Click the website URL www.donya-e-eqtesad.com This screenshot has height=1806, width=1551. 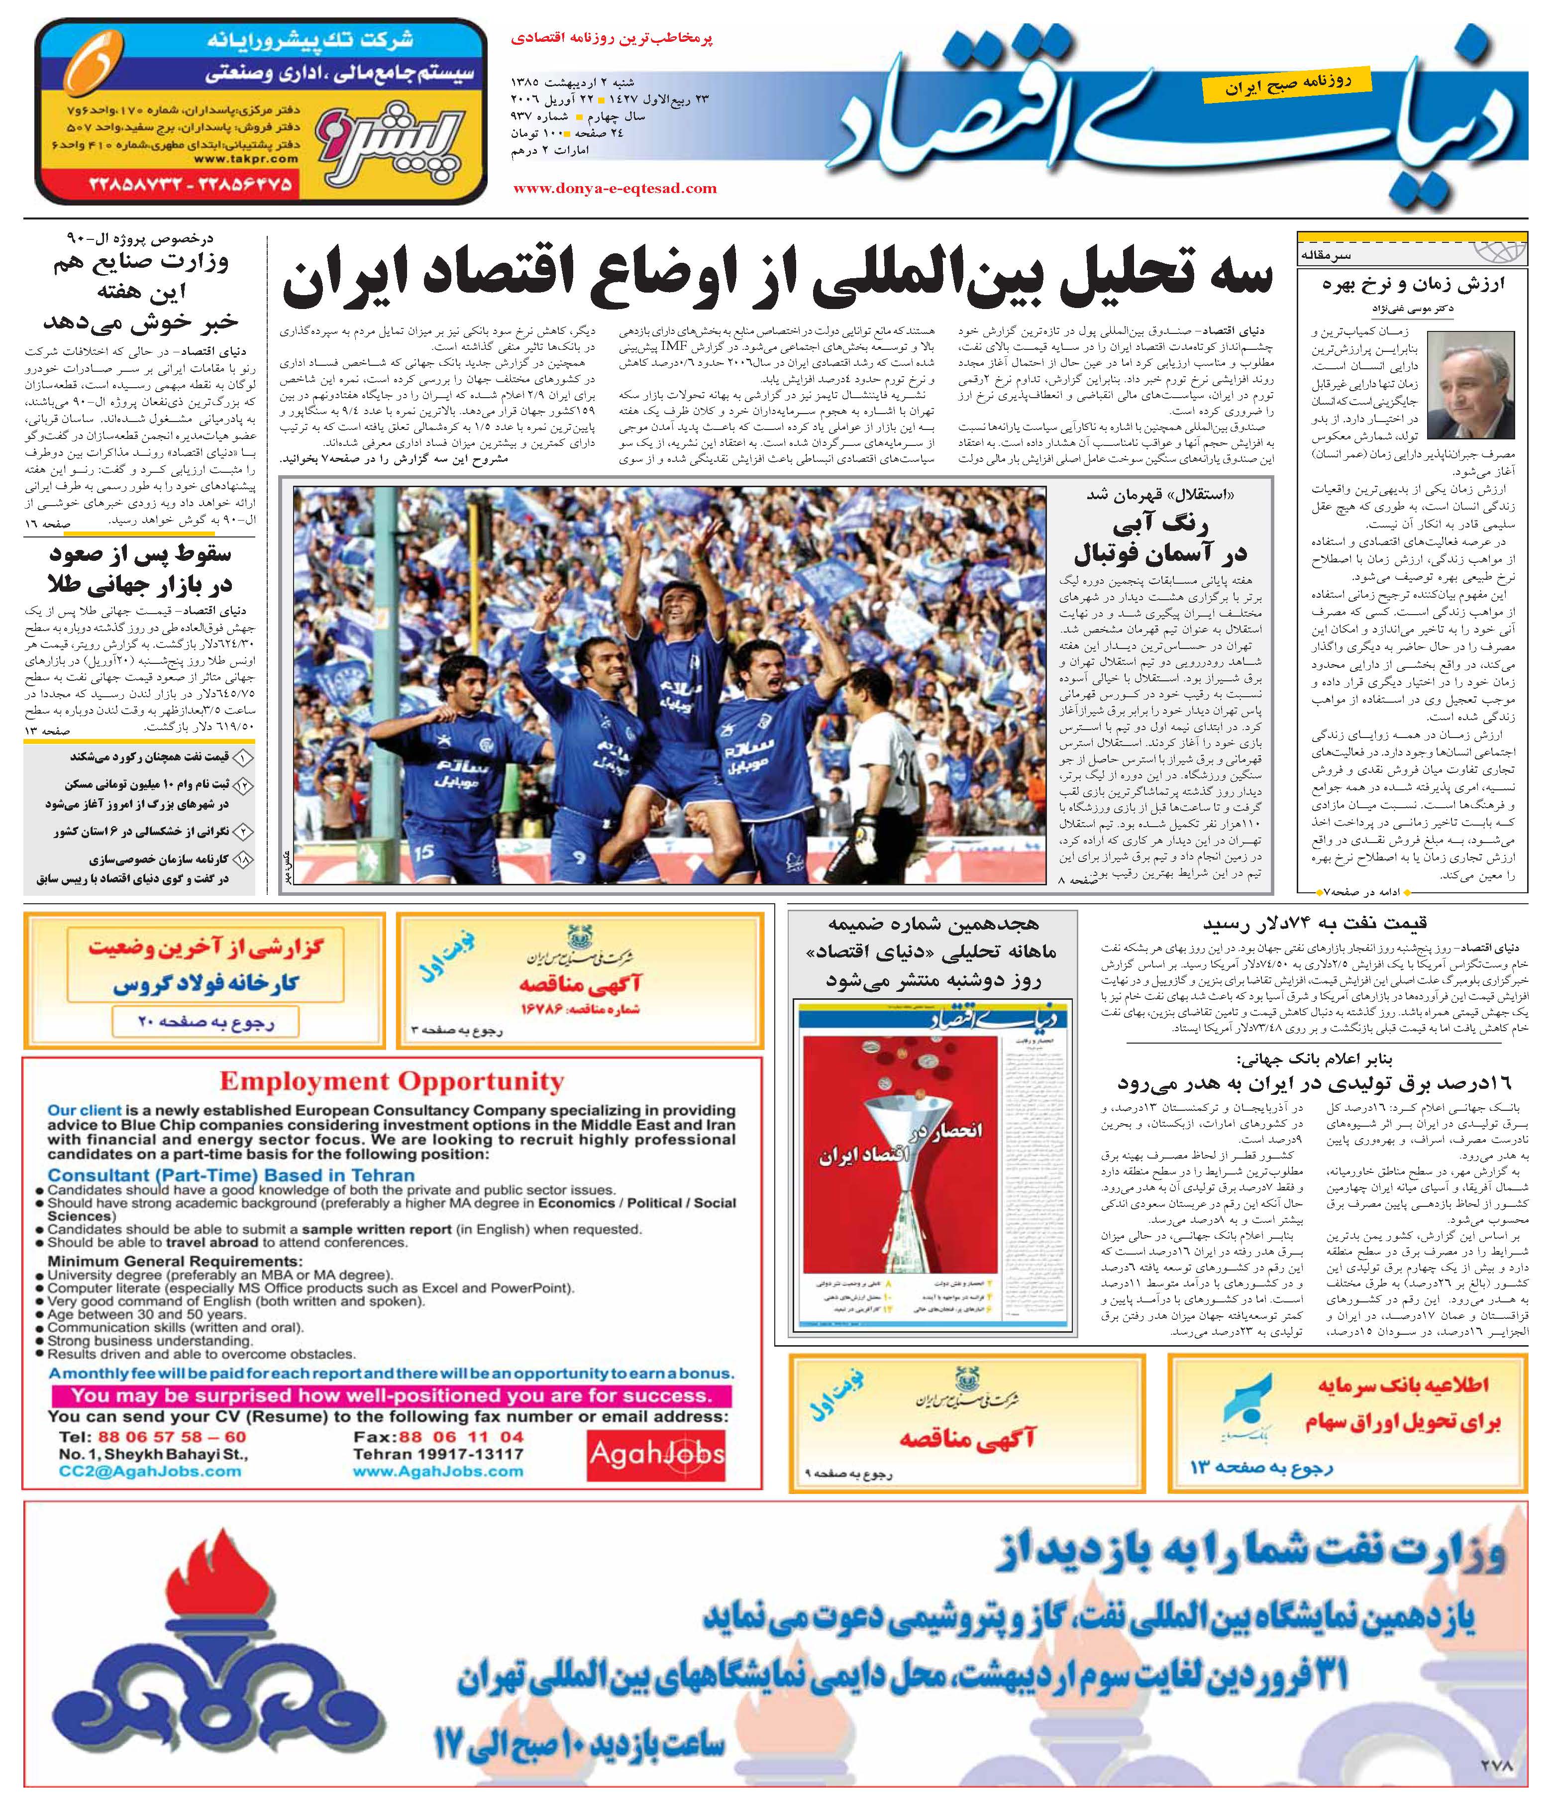(615, 188)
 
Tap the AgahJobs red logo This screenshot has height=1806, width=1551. (656, 1453)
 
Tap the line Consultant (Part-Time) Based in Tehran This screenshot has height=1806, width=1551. (231, 1175)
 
